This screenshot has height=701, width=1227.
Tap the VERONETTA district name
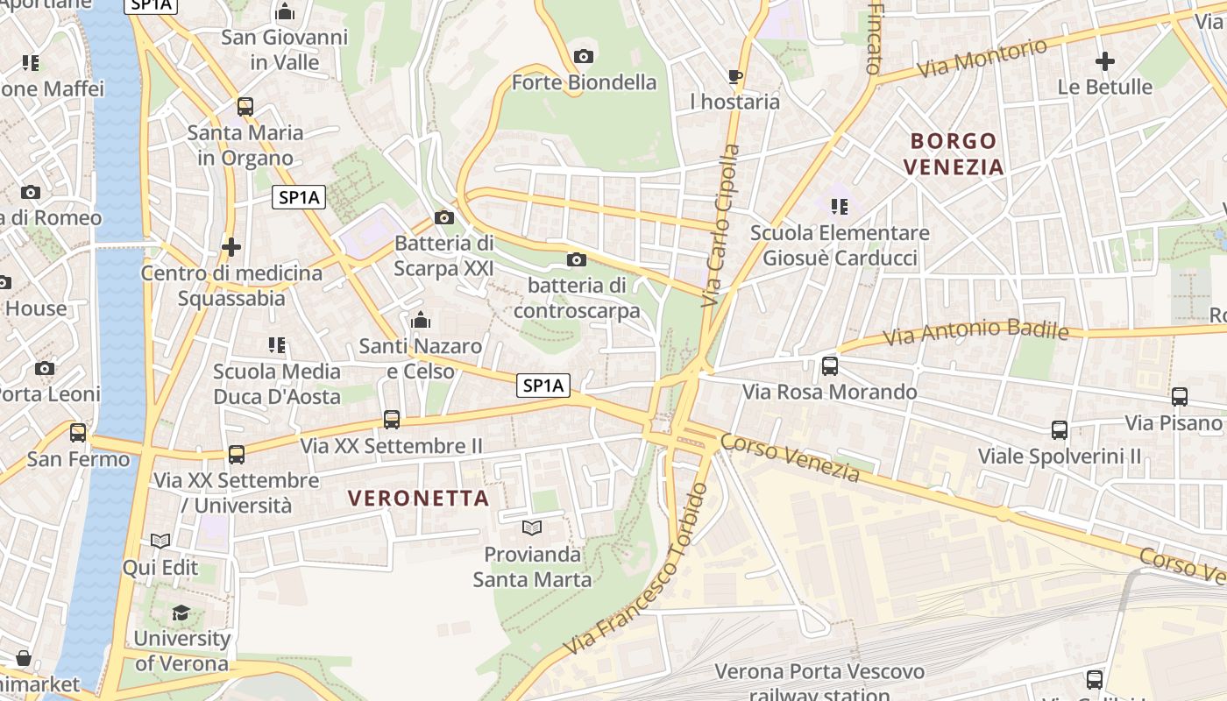pyautogui.click(x=418, y=498)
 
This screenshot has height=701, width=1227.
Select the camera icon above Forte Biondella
pyautogui.click(x=583, y=57)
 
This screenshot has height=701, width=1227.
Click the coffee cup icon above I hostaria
pyautogui.click(x=734, y=76)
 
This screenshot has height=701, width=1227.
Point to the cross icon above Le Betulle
pyautogui.click(x=1104, y=61)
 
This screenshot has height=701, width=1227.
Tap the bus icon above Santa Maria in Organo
pyautogui.click(x=245, y=107)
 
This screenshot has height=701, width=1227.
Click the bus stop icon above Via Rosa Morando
pyautogui.click(x=829, y=366)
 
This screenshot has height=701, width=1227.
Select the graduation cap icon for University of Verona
pyautogui.click(x=181, y=612)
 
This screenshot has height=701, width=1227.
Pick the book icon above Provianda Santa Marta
pyautogui.click(x=532, y=528)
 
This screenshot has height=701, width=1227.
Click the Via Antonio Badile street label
pyautogui.click(x=975, y=332)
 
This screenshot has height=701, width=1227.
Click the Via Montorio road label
pyautogui.click(x=982, y=59)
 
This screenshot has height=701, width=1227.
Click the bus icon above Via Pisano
pyautogui.click(x=1180, y=397)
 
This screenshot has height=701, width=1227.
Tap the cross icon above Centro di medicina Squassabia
pyautogui.click(x=231, y=247)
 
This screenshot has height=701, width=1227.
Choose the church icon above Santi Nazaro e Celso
pyautogui.click(x=421, y=320)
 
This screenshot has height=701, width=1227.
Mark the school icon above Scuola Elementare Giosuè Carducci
pyautogui.click(x=840, y=207)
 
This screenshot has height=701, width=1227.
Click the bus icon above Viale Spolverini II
pyautogui.click(x=1060, y=430)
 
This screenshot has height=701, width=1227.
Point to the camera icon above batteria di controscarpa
pyautogui.click(x=577, y=259)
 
